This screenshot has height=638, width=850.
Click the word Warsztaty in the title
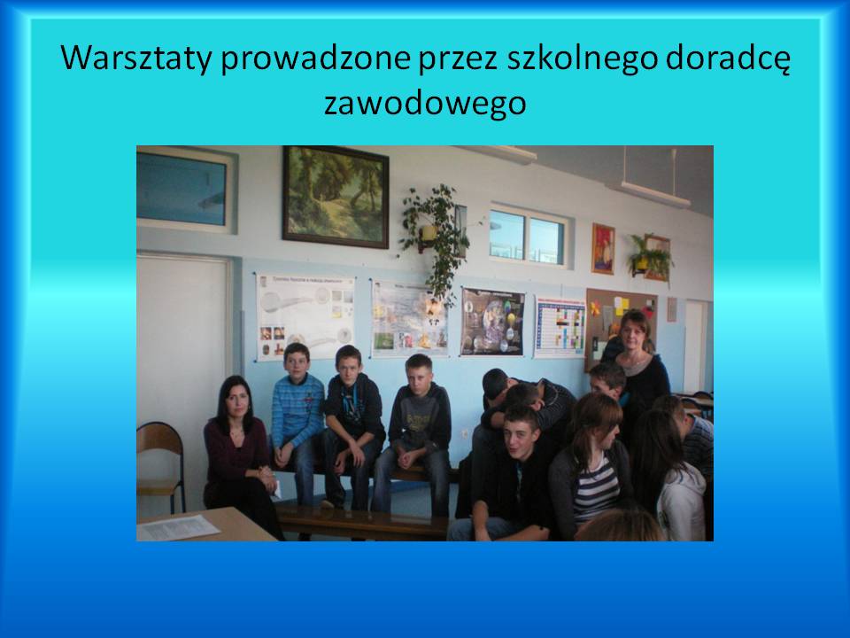(135, 58)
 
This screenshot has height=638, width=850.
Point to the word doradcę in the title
(728, 58)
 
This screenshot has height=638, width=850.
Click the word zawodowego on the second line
(425, 103)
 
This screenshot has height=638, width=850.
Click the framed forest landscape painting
(336, 197)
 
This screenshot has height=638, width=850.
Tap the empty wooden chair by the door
(160, 467)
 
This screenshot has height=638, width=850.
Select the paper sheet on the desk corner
(177, 527)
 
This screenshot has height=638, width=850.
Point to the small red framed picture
(603, 248)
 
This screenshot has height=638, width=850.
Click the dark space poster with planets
(493, 322)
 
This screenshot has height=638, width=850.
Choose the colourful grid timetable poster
(560, 327)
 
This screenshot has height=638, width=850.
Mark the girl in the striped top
(592, 468)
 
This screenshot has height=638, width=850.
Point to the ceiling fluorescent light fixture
(655, 194)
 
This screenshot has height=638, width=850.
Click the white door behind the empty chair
(182, 380)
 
